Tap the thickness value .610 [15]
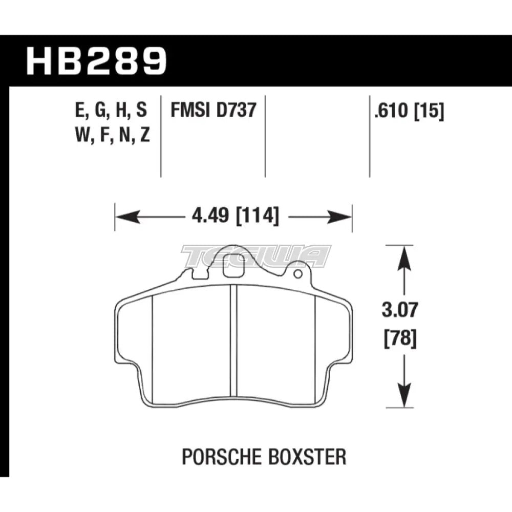pos(409,110)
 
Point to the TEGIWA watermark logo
pos(256,256)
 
